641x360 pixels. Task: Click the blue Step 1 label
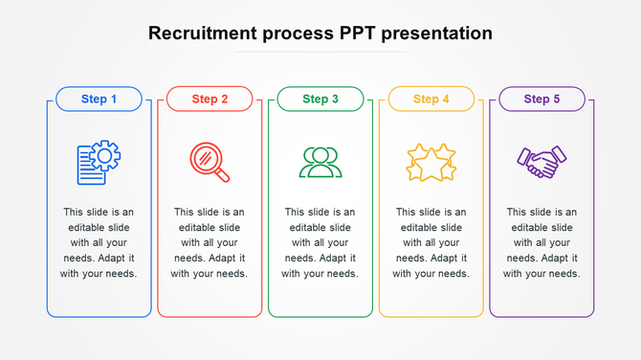coord(99,99)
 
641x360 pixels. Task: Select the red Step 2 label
coord(210,99)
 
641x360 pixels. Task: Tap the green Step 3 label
coord(320,99)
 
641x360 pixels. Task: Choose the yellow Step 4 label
coord(431,99)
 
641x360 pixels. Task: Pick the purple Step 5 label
coord(542,99)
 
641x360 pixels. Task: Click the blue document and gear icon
coord(99,163)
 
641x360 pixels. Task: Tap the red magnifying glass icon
coord(209,162)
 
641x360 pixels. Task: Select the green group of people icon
coord(320,163)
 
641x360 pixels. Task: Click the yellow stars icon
coord(431,163)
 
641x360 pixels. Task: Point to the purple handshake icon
coord(542,162)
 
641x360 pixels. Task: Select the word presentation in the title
coord(437,34)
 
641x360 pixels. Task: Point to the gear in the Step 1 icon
coord(106,155)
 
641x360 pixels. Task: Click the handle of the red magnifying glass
coord(223,175)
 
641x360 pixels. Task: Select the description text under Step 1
coord(99,243)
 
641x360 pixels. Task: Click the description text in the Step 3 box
coord(320,243)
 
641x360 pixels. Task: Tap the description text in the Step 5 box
coord(542,243)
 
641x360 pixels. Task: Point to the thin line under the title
coord(320,52)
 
